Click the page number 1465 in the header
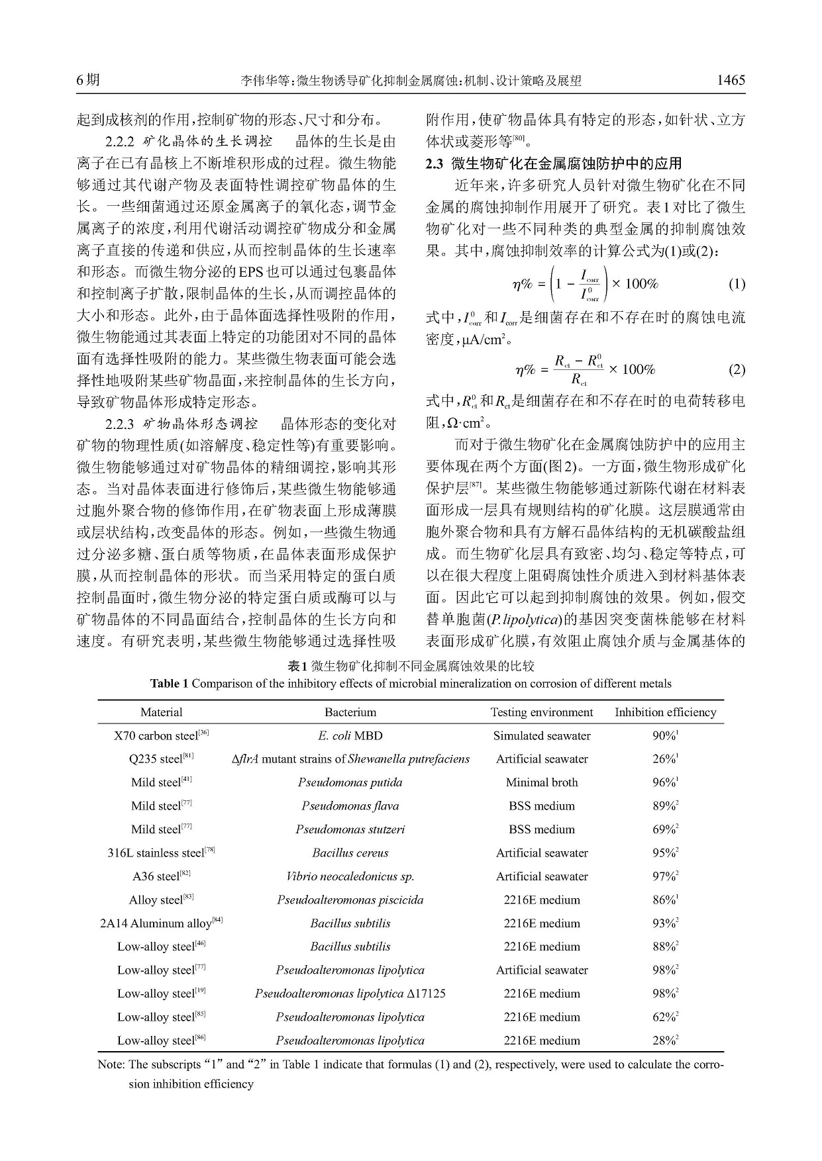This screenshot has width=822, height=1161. coord(731,81)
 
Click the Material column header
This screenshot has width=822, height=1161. coord(161,712)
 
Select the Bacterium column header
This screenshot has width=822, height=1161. coord(350,712)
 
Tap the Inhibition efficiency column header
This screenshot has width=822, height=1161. coord(665,712)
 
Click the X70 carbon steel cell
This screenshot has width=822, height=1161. coord(161,735)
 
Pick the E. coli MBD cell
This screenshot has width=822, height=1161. coord(350,735)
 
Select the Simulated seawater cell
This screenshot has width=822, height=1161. coord(541,735)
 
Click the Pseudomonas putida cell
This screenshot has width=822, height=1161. coord(350,782)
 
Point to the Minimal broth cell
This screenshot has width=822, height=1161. coord(541,782)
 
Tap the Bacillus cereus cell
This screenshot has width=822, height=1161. coord(350,853)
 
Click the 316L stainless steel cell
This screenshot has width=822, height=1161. coord(161,853)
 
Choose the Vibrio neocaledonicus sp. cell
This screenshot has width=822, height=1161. coord(350,876)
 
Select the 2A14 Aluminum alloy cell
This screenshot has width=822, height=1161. coord(161,923)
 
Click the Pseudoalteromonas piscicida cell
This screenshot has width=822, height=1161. coord(350,900)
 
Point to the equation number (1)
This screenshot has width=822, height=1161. coord(737,285)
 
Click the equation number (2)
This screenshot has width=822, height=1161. coord(737,369)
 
